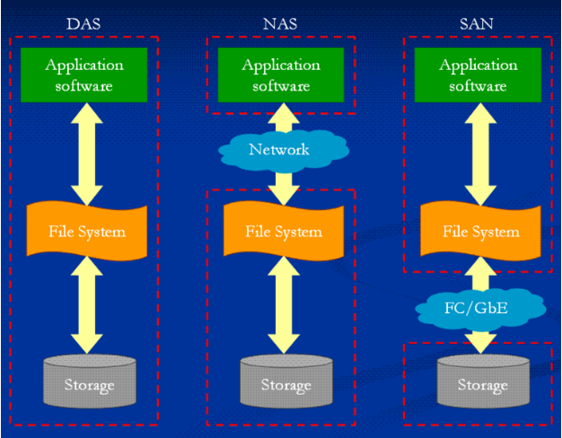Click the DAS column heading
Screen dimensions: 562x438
(83, 24)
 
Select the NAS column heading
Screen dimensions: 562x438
(280, 24)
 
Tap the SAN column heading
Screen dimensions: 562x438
(477, 24)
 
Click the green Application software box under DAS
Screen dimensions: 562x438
(83, 74)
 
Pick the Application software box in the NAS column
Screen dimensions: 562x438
(281, 74)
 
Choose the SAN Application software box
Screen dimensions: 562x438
(478, 74)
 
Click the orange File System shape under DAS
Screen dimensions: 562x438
(87, 231)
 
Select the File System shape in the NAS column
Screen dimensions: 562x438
(284, 231)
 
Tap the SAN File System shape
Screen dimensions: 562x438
(480, 231)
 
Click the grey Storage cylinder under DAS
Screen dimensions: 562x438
(90, 381)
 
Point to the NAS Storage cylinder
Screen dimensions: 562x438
(286, 381)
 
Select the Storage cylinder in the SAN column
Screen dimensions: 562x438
(483, 381)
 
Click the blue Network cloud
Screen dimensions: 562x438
(284, 150)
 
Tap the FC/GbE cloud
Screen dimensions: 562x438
(480, 309)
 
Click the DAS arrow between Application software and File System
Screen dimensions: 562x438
(87, 154)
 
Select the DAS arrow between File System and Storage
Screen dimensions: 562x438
(87, 305)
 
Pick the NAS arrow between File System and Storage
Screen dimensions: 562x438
(284, 305)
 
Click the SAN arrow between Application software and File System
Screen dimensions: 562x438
(480, 154)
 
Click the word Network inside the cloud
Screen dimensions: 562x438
(279, 150)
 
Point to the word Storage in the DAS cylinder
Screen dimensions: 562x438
(90, 385)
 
